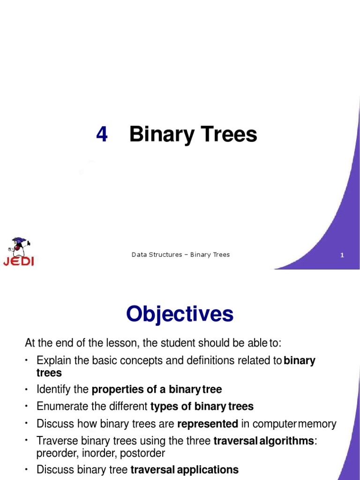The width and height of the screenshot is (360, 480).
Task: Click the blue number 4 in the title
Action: [x=102, y=135]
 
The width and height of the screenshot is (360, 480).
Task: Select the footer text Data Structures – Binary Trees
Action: [x=180, y=255]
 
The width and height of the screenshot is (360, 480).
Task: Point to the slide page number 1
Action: [x=342, y=255]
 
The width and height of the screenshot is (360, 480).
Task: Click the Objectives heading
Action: [x=180, y=314]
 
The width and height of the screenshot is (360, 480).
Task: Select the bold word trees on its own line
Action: [x=49, y=373]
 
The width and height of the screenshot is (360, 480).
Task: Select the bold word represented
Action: [x=208, y=424]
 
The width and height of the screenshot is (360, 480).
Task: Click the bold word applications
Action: [x=208, y=469]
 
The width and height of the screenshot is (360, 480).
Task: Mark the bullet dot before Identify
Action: [x=27, y=389]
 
